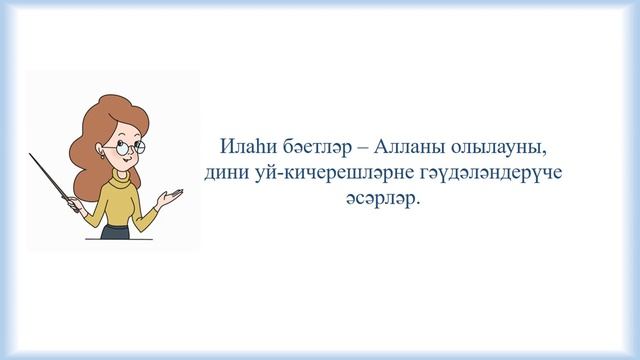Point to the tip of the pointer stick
coord(31,155)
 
